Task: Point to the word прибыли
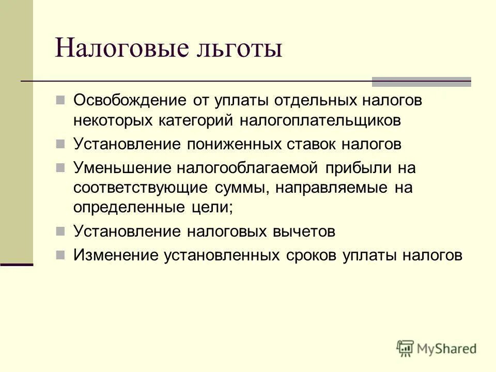[358, 167]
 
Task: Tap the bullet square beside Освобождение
[60, 99]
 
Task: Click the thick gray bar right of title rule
[422, 81]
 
